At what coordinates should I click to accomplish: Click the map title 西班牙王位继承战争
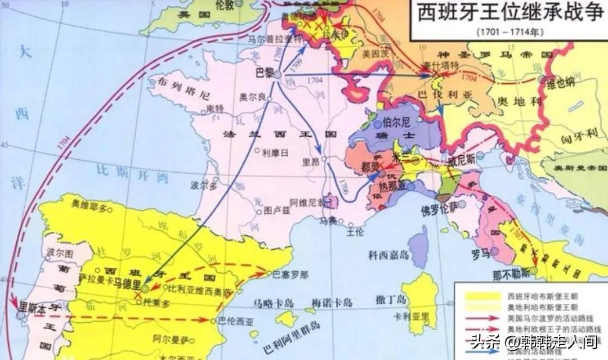(509, 13)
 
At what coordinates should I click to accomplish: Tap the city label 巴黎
(264, 73)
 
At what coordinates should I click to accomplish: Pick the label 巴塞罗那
(290, 275)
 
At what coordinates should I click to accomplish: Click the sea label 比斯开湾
(132, 168)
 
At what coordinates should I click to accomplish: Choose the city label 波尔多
(204, 184)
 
